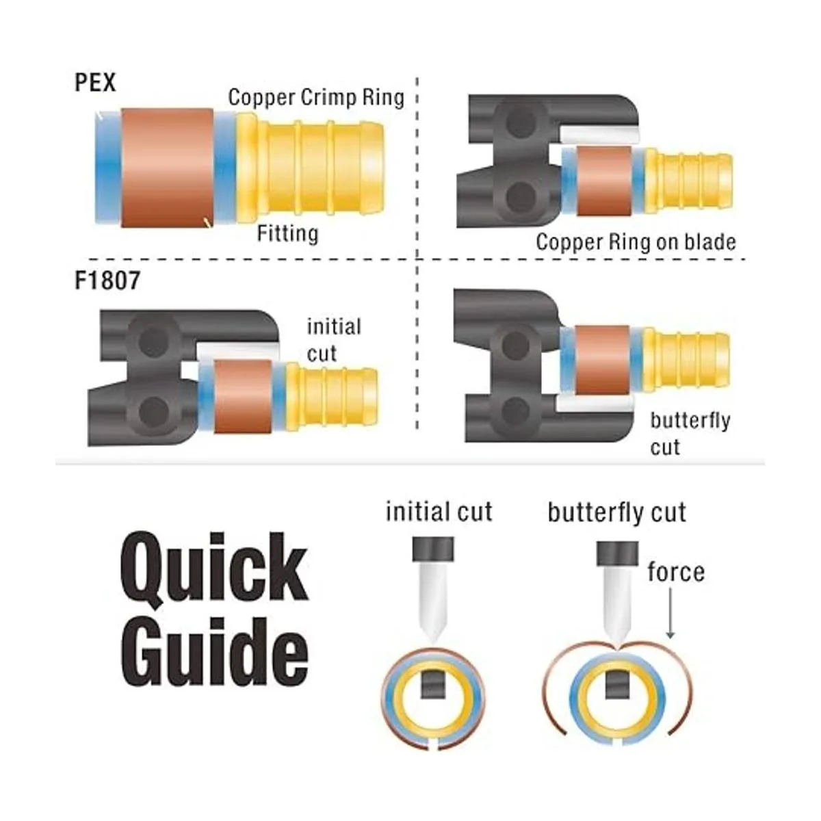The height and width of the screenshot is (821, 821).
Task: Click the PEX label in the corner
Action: coord(95,83)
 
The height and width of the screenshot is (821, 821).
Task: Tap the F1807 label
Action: coord(107,281)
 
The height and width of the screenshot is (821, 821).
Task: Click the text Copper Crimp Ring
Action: coord(316,97)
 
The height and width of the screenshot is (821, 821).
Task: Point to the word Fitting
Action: coord(287,234)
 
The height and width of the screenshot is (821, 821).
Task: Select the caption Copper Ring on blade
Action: coord(636,242)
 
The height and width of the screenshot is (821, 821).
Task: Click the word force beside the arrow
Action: coord(675,571)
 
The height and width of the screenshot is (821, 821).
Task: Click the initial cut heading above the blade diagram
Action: coord(439,512)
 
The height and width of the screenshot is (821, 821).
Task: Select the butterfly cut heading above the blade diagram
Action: coord(616,512)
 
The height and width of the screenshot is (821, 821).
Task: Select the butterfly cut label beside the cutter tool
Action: coord(690,433)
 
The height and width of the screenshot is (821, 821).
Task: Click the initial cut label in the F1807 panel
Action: coord(333,339)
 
